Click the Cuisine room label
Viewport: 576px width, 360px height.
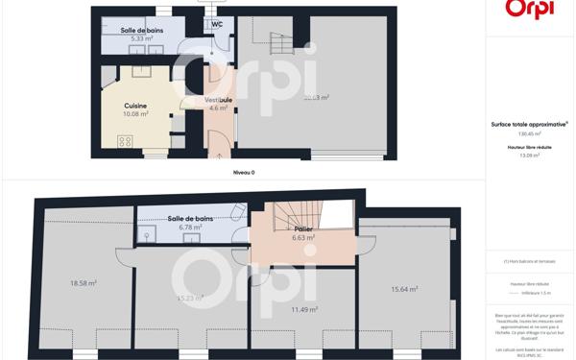point(134,106)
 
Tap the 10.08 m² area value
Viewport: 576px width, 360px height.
point(134,114)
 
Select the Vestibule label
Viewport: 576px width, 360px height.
point(218,100)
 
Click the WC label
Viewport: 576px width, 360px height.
point(218,23)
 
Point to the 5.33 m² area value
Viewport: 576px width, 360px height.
point(141,38)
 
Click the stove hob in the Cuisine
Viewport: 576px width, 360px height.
point(125,141)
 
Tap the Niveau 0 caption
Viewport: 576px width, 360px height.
point(244,172)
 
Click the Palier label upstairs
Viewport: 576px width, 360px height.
point(302,229)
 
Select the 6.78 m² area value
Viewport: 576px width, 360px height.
point(191,228)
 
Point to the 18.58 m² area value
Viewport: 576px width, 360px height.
point(84,283)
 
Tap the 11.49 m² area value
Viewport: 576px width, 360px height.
point(304,309)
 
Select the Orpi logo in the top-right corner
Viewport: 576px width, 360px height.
point(528,10)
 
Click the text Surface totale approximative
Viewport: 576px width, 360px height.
point(529,124)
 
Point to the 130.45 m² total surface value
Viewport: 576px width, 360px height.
point(530,134)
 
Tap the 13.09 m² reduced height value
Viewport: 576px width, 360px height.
point(530,156)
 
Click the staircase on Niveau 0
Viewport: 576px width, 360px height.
point(280,44)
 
